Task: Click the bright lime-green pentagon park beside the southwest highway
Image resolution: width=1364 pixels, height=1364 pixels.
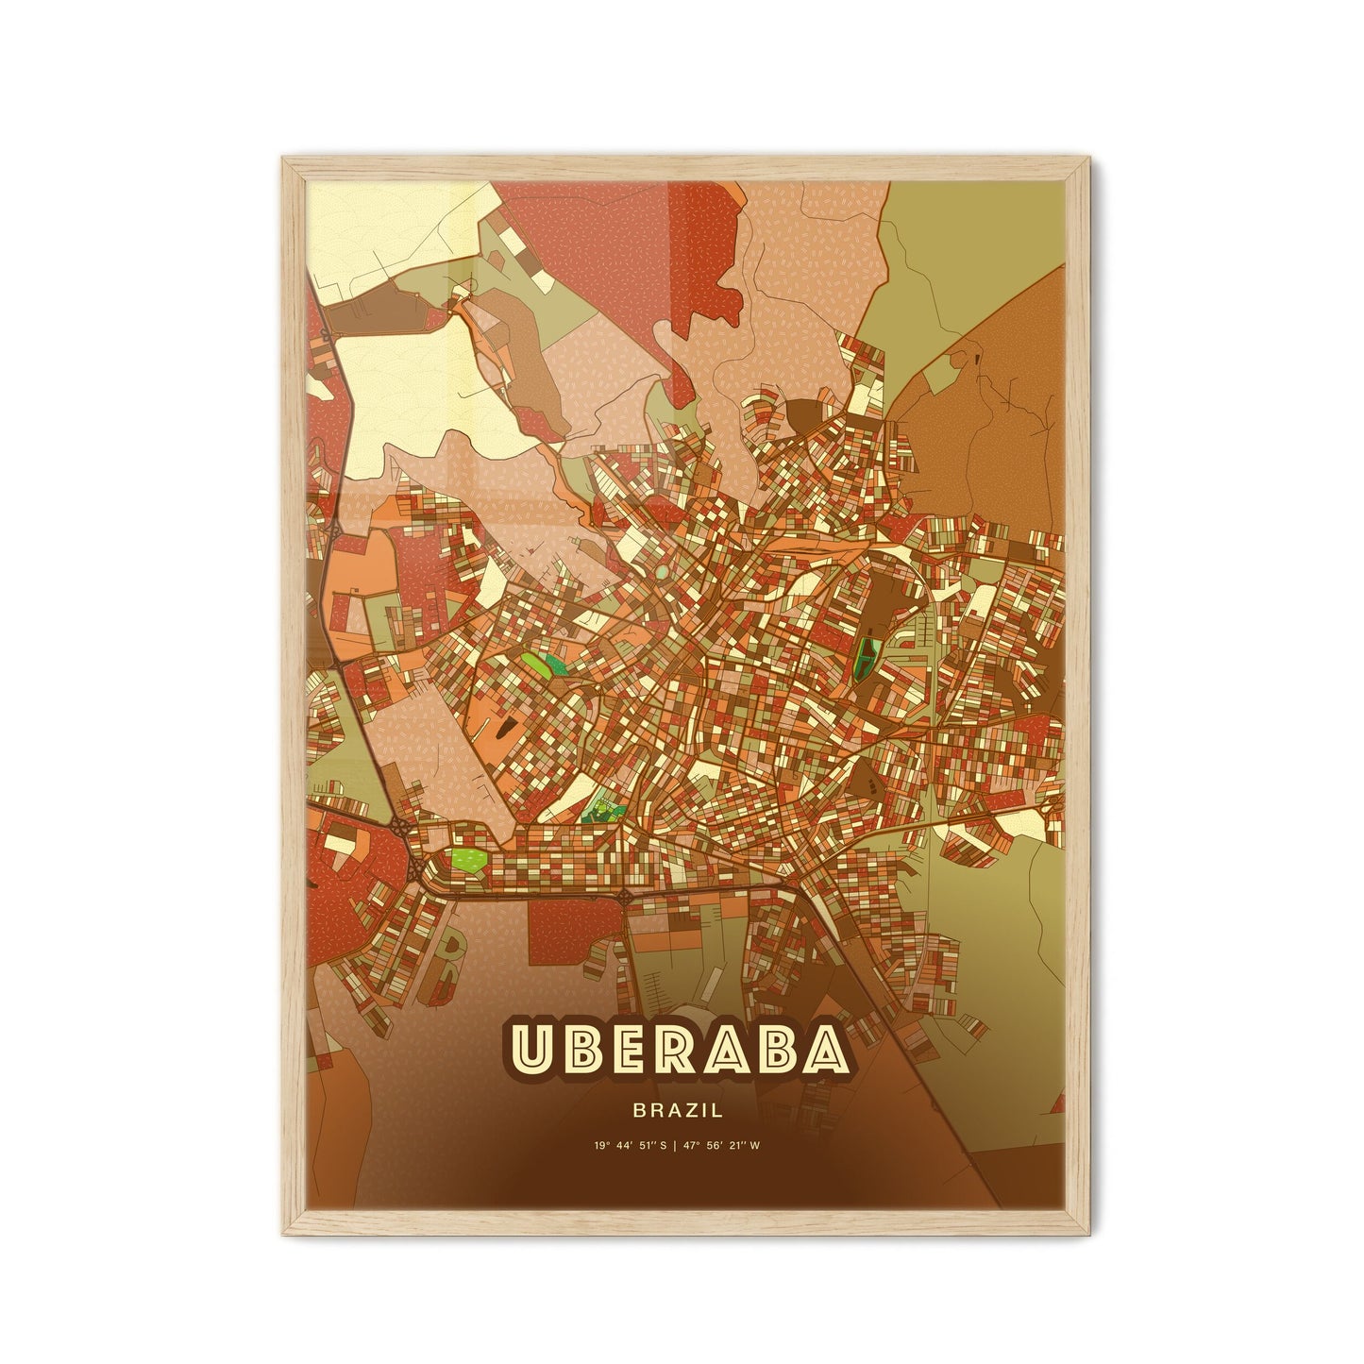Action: click(x=468, y=859)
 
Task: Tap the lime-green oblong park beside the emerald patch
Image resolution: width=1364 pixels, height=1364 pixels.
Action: click(x=536, y=663)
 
